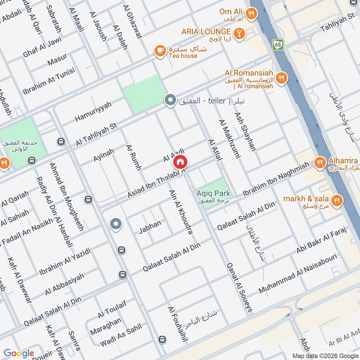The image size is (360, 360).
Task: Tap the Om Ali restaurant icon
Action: (x=251, y=13)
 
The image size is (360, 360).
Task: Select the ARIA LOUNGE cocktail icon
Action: (x=239, y=32)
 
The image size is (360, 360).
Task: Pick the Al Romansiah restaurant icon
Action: (x=281, y=77)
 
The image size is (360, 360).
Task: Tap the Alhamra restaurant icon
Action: (x=320, y=161)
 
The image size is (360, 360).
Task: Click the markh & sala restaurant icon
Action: (x=336, y=199)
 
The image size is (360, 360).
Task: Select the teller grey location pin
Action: (x=170, y=100)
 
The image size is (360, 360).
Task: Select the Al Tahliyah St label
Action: (x=96, y=134)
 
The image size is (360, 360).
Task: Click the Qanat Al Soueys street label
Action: (x=239, y=288)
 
